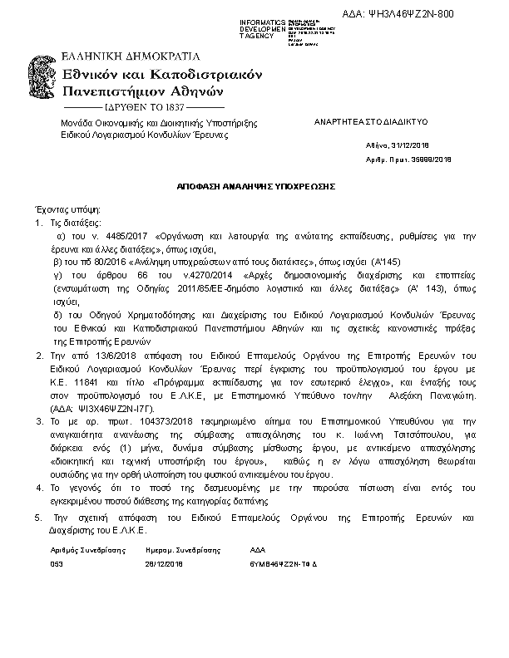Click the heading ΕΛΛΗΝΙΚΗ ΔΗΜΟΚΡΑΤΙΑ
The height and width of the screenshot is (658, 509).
click(x=131, y=57)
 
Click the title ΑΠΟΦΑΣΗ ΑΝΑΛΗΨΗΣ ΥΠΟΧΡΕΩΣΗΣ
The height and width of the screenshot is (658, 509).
click(x=254, y=188)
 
